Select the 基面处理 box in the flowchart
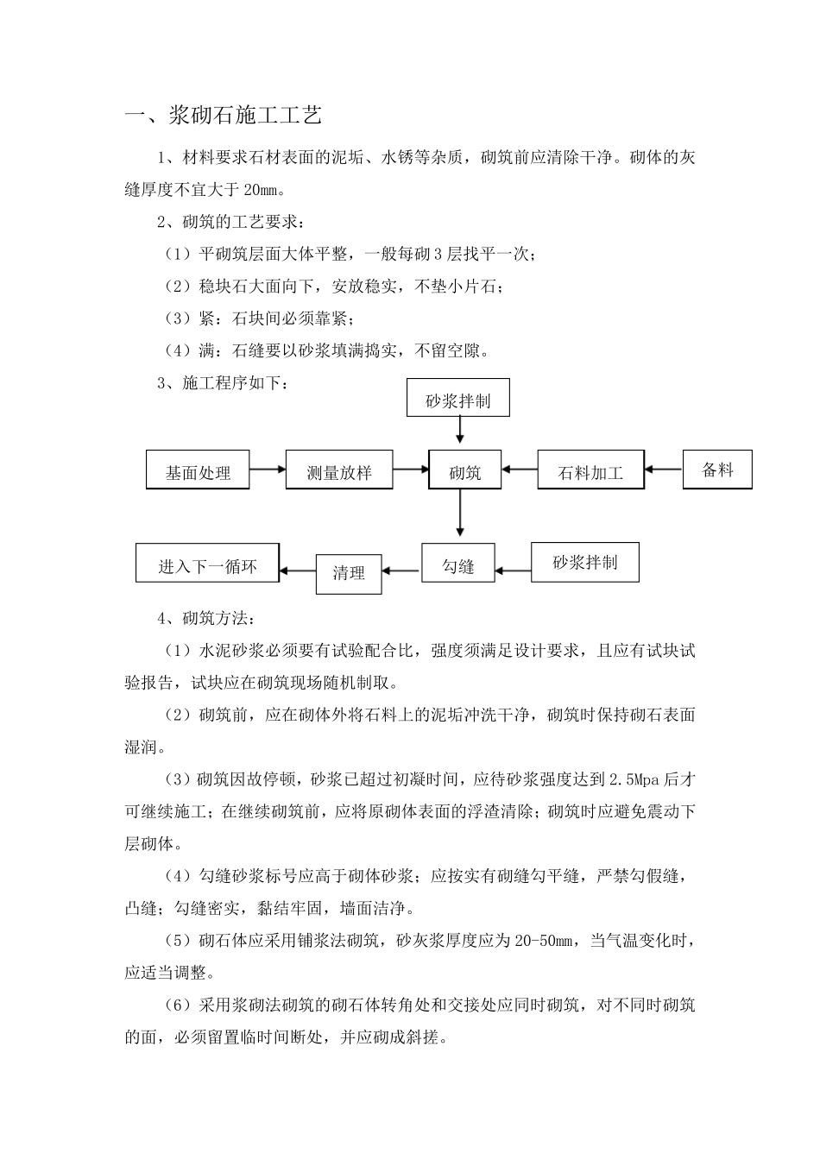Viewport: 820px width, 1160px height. [198, 470]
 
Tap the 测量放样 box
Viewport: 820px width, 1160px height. [339, 470]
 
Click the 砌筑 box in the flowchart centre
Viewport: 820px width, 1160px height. [464, 470]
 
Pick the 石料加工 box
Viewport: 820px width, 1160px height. [590, 470]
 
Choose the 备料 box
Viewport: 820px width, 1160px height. [717, 470]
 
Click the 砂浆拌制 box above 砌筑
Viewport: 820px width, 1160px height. [458, 399]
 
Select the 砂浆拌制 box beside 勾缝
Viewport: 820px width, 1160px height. [584, 563]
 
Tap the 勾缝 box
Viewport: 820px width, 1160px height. [458, 565]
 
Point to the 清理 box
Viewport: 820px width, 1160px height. [349, 572]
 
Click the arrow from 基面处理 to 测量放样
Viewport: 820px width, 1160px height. [268, 470]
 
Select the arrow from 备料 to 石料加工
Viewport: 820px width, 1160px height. [664, 470]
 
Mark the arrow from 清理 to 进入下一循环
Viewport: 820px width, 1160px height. [299, 570]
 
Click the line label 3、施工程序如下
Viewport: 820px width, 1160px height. [223, 383]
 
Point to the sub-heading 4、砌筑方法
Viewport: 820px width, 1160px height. [205, 619]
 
